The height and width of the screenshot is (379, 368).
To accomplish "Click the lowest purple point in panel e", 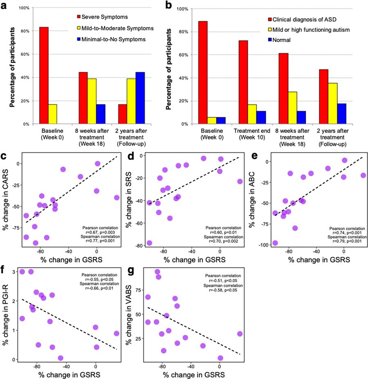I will (275, 243).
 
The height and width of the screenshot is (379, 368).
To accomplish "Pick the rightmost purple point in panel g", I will (240, 334).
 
